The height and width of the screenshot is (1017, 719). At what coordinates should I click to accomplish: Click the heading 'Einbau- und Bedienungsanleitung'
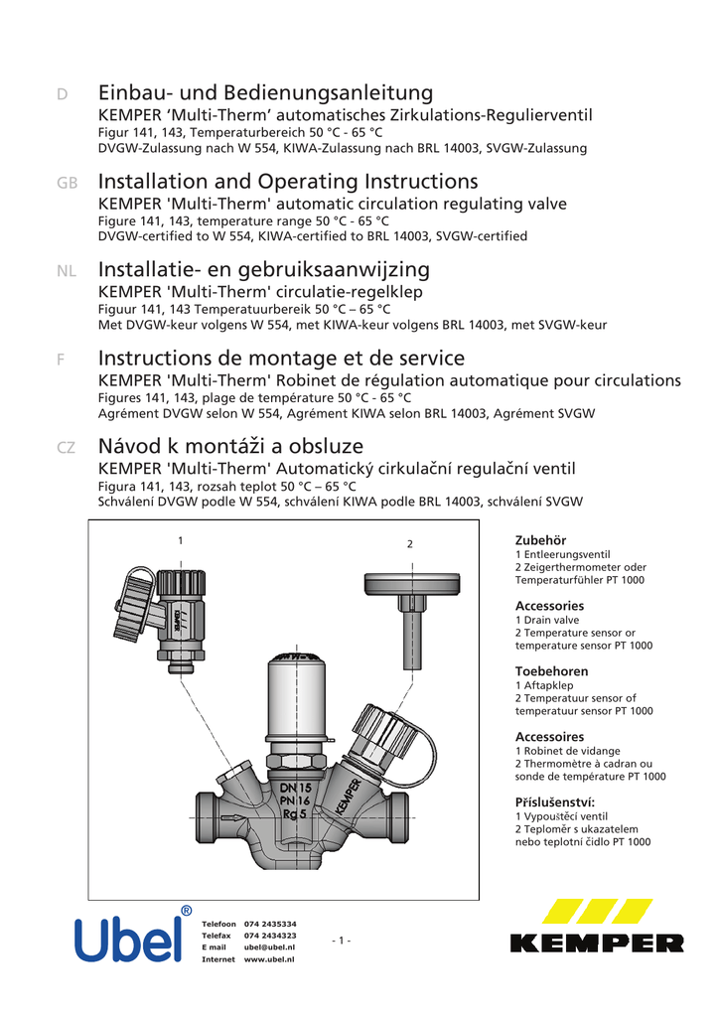(265, 93)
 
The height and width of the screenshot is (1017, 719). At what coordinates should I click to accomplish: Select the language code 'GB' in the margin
(67, 184)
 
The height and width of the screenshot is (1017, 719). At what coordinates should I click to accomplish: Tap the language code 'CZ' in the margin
(67, 449)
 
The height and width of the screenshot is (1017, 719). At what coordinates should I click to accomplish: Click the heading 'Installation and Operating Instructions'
(288, 182)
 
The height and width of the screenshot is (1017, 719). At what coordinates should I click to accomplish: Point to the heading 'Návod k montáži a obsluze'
(230, 447)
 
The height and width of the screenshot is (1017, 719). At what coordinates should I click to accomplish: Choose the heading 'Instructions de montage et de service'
(281, 359)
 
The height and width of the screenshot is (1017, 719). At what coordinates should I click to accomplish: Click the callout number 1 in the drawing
(180, 540)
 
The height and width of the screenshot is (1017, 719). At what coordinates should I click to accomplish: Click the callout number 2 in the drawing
(408, 543)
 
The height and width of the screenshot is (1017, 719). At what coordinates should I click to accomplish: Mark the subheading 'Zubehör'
(540, 539)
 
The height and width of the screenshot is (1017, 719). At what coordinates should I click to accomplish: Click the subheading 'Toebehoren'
(551, 671)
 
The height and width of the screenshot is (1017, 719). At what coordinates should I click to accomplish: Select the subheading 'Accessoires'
(549, 737)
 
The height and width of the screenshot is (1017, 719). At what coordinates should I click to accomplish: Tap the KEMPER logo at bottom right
(597, 927)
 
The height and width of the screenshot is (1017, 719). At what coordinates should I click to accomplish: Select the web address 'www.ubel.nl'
(269, 960)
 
